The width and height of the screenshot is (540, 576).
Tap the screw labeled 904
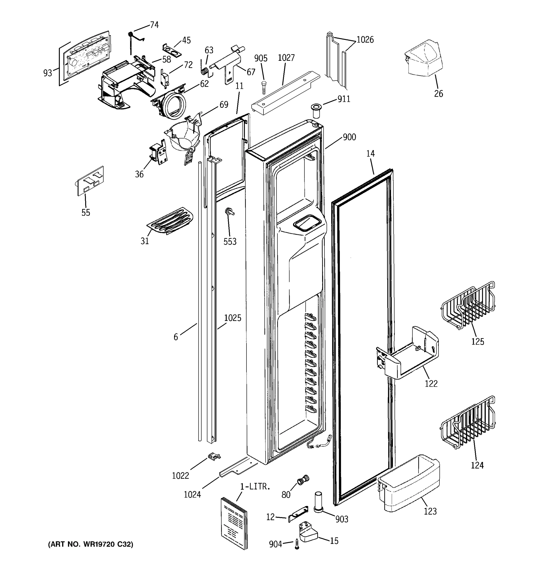pos(297,544)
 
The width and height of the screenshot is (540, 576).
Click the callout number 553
pos(230,241)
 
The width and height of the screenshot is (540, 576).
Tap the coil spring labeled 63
pos(205,70)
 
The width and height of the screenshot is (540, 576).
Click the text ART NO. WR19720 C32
pos(90,544)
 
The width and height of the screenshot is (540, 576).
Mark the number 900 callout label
pos(349,137)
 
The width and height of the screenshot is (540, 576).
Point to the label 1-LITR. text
pos(255,486)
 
